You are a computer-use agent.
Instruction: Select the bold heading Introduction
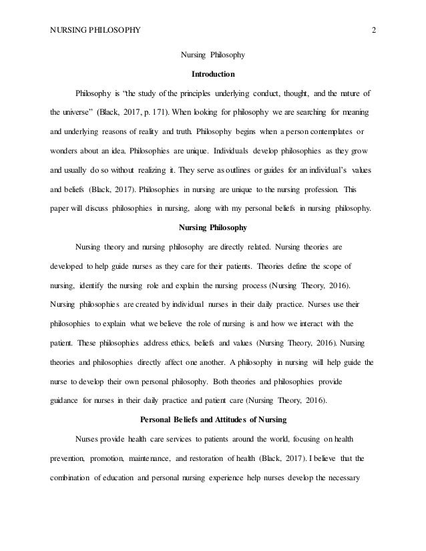(213, 73)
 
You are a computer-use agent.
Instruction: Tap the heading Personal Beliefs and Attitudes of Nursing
(213, 419)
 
